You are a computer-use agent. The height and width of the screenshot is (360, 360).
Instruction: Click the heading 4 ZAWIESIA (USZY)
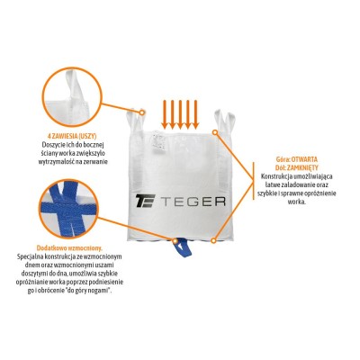point(72,136)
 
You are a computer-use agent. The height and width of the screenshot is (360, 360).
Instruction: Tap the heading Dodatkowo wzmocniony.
point(69,248)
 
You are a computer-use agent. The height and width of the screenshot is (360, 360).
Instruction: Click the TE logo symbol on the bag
point(145,201)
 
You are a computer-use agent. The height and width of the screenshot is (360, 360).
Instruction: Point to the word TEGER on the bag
point(193,202)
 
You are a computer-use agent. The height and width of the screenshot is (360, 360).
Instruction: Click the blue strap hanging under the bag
point(182,247)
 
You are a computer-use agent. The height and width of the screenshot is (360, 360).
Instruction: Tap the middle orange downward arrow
point(180,114)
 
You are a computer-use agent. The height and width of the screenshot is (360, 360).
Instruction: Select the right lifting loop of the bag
point(224,121)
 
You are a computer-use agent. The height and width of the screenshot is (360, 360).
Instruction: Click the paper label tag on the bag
point(157,141)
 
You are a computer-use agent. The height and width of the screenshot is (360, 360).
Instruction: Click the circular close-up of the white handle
point(72,97)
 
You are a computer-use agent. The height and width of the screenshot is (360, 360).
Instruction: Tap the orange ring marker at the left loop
point(142,112)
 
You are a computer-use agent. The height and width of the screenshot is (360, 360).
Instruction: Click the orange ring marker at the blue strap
point(175,240)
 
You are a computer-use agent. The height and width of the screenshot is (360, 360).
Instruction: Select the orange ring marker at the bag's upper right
point(215,132)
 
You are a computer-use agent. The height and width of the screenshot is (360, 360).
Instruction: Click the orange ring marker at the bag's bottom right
point(213,240)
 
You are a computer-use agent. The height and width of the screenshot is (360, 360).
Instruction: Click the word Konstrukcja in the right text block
point(274,176)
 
